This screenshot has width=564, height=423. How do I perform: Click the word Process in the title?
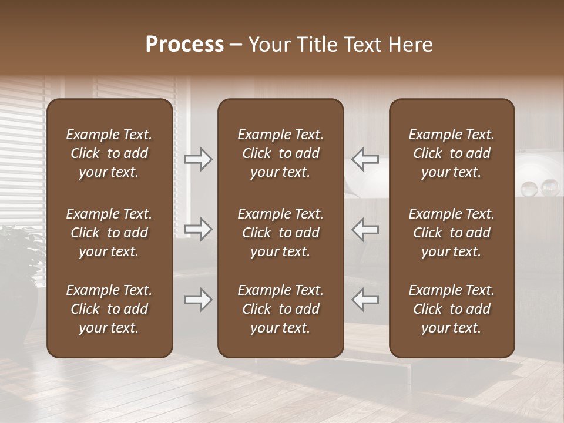tap(184, 45)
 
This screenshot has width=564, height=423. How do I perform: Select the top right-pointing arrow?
tap(199, 159)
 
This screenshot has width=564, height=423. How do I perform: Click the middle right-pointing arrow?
tap(199, 229)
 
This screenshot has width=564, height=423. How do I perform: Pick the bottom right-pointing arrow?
tap(199, 300)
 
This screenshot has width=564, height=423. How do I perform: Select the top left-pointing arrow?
tap(365, 159)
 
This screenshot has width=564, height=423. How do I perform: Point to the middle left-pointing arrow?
tap(365, 229)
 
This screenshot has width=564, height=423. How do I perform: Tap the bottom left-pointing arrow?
tap(365, 300)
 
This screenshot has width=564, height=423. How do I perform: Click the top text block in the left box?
tap(109, 153)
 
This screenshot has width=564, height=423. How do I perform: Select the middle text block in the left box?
tap(109, 233)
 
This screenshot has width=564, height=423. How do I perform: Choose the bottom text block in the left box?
tap(109, 309)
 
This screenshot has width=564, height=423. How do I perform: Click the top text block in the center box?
tap(280, 153)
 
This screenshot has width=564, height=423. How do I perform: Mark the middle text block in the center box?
tap(280, 233)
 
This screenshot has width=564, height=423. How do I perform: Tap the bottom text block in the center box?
tap(280, 309)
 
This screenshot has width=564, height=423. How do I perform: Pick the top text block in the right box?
tap(451, 153)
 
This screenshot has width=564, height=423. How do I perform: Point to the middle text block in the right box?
tap(451, 233)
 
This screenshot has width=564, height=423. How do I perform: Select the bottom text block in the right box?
tap(451, 309)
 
